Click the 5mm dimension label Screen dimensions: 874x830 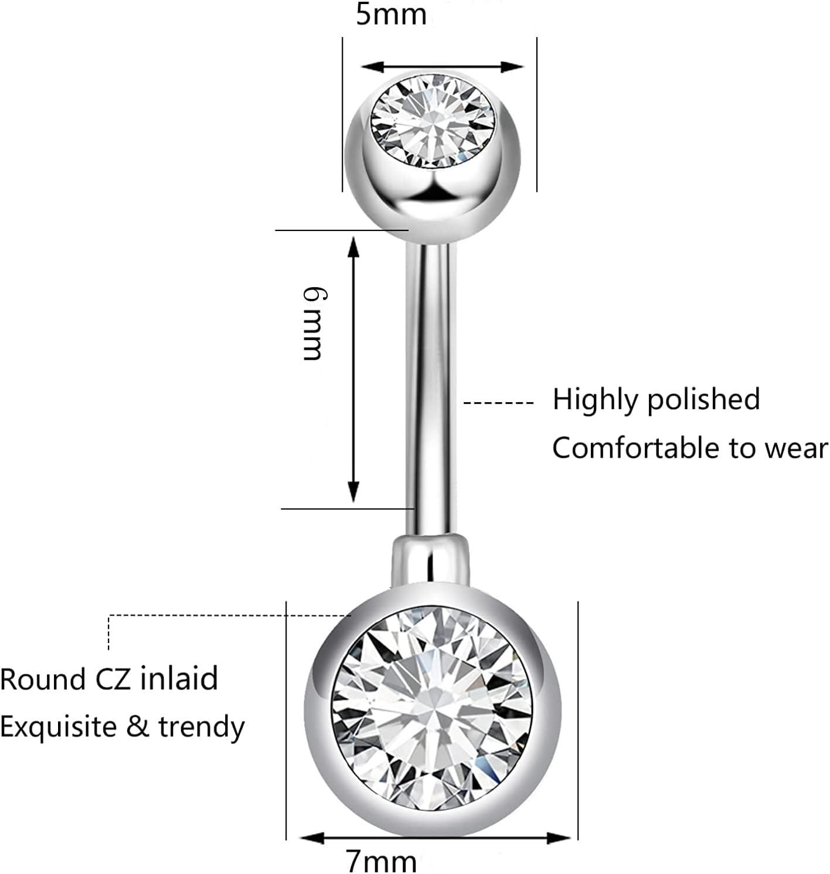(391, 15)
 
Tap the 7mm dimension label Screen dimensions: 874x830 (382, 861)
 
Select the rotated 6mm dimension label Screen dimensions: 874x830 (311, 324)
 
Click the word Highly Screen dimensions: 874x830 (596, 400)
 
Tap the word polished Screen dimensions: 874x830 (703, 400)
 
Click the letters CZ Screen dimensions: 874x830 (113, 679)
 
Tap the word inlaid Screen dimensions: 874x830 (179, 678)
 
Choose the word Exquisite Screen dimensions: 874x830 (58, 727)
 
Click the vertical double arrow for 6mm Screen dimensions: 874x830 (353, 369)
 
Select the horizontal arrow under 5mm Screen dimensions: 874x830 (440, 67)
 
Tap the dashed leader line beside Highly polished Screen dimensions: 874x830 (498, 403)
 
